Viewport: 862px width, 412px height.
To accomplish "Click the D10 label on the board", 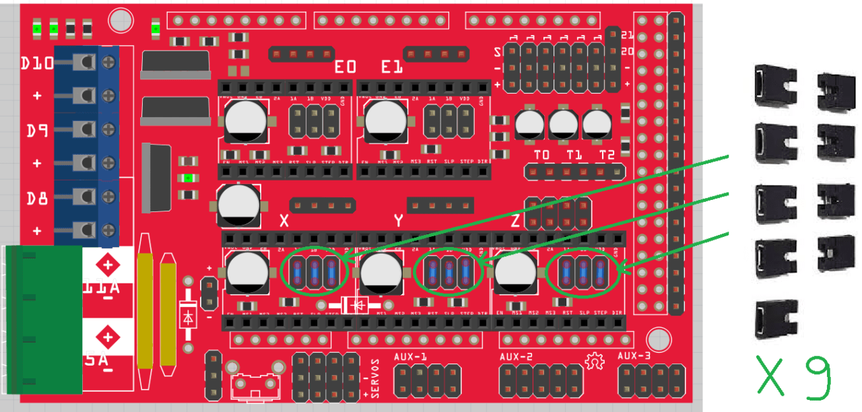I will (37, 64).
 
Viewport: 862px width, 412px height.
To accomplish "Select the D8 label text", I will (37, 199).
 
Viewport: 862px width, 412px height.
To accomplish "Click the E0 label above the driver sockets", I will (345, 67).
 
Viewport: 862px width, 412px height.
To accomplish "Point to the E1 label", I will (391, 67).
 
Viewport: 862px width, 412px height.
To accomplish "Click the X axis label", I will (284, 220).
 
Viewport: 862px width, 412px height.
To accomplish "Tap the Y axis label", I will (398, 220).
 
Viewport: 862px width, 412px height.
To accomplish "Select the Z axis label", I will (515, 220).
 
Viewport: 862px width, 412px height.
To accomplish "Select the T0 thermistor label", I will (541, 155).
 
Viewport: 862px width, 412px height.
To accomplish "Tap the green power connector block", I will (43, 319).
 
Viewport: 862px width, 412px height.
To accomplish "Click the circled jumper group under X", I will (314, 271).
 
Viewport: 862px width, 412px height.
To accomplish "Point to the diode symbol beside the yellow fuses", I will (189, 316).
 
